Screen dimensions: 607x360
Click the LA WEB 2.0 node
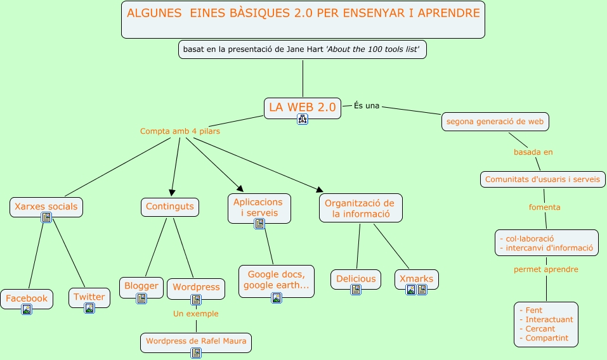pyautogui.click(x=302, y=107)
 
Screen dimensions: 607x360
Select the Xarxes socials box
pyautogui.click(x=46, y=206)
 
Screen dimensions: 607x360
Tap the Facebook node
pyautogui.click(x=27, y=298)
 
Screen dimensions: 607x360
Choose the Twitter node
pyautogui.click(x=89, y=297)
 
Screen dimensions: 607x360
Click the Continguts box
pyautogui.click(x=169, y=206)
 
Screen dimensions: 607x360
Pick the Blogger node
pyautogui.click(x=141, y=286)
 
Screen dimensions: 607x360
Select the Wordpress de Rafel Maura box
pyautogui.click(x=196, y=341)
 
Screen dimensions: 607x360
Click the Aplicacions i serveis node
pyautogui.click(x=259, y=207)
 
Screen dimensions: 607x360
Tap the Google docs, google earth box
pyautogui.click(x=277, y=280)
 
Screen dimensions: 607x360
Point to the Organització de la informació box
pyautogui.click(x=360, y=208)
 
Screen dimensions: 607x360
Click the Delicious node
pyautogui.click(x=356, y=279)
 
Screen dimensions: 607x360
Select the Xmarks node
pyautogui.click(x=416, y=279)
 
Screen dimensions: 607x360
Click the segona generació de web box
pyautogui.click(x=495, y=121)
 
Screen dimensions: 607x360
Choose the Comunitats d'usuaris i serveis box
pyautogui.click(x=542, y=179)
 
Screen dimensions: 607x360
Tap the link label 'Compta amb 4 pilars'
pyautogui.click(x=180, y=131)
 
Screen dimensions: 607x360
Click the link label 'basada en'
pyautogui.click(x=533, y=152)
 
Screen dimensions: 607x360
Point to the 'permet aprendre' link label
pyautogui.click(x=545, y=269)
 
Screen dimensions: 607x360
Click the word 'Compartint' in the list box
pyautogui.click(x=546, y=338)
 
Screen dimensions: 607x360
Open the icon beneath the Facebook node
pyautogui.click(x=27, y=309)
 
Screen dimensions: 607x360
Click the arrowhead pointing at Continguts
pyautogui.click(x=171, y=193)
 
